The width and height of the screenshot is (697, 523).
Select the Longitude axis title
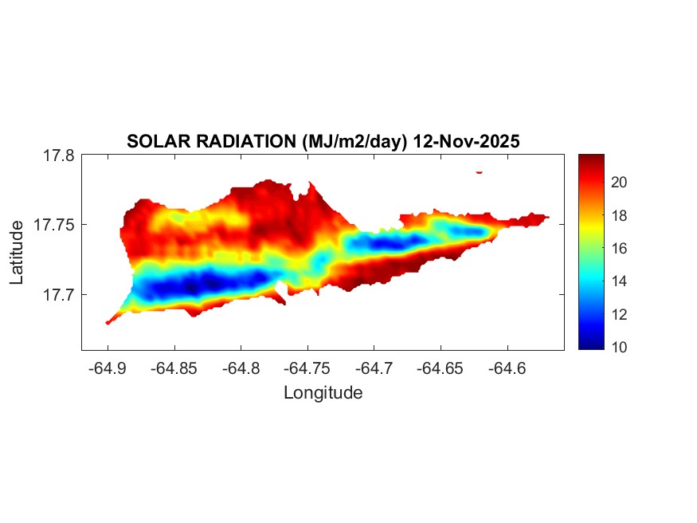pos(323,392)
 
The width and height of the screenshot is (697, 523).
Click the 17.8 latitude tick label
pos(59,155)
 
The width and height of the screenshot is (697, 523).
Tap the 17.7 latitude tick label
pos(59,294)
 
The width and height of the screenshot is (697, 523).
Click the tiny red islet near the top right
pos(480,171)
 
